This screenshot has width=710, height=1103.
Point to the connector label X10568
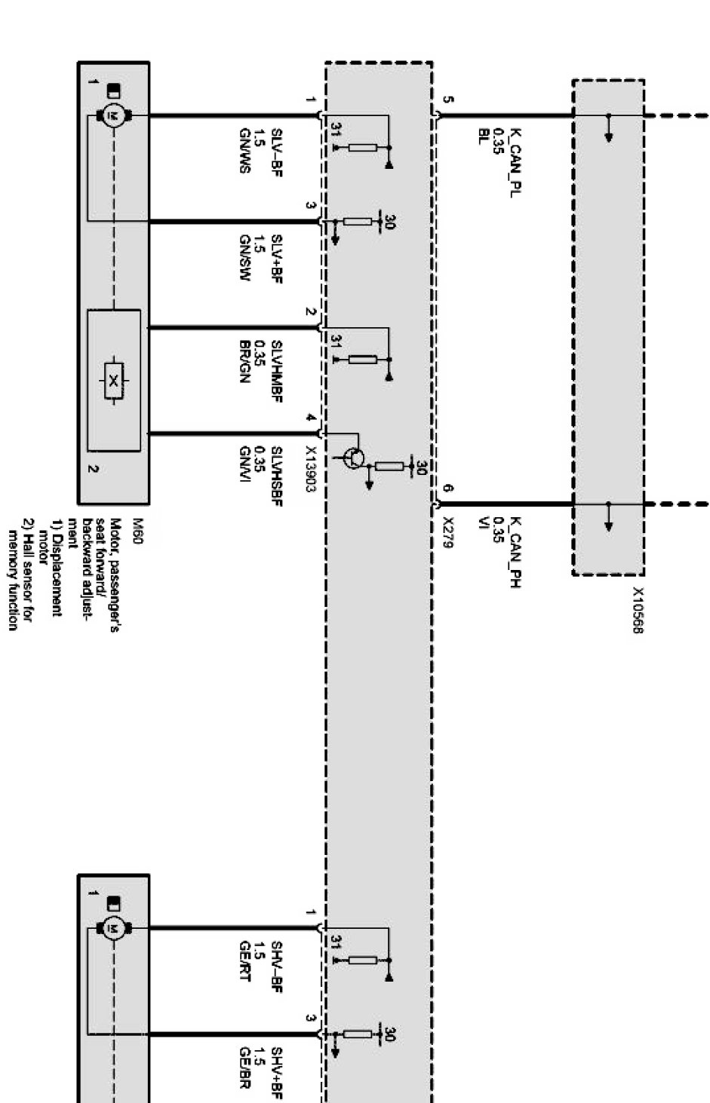tap(638, 611)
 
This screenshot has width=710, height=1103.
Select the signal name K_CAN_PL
tap(515, 161)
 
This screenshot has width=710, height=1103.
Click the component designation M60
tap(137, 527)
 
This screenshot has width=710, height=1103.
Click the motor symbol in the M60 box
tap(114, 115)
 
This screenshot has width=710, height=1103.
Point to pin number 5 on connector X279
tap(447, 100)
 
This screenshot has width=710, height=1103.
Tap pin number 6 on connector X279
tap(447, 489)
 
